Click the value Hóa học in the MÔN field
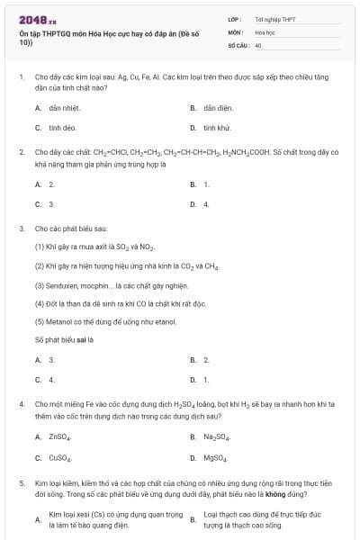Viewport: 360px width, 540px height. coord(265,31)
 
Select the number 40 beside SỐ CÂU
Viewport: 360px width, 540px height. coord(258,44)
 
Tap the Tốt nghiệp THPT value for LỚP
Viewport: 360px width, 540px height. coord(273,18)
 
